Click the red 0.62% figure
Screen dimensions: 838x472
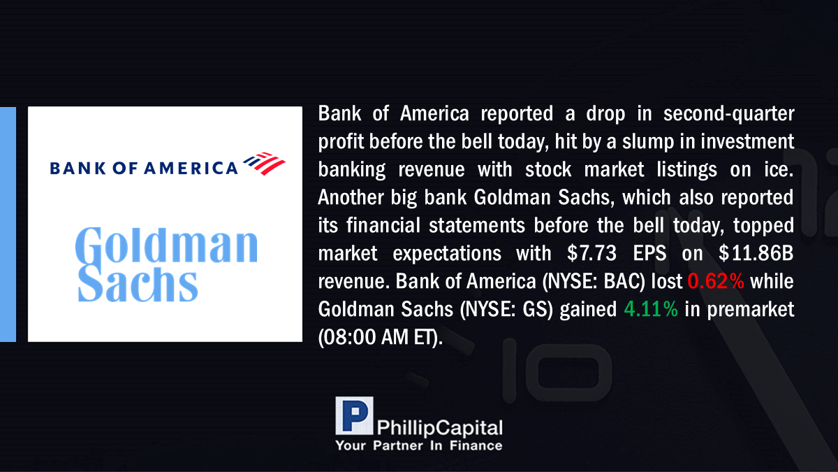tap(716, 281)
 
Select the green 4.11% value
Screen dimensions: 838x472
tap(651, 309)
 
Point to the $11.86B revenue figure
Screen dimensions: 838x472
tap(756, 253)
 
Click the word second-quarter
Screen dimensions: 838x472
tap(729, 114)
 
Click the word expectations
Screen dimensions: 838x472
tap(447, 254)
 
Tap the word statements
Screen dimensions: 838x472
tap(476, 225)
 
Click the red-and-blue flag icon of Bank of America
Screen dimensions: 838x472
tap(264, 164)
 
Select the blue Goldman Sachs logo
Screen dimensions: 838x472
tap(166, 264)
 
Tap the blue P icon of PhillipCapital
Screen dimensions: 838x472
tap(354, 415)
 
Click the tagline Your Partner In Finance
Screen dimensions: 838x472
tap(418, 446)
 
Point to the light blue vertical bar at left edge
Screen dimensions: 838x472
tap(8, 224)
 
